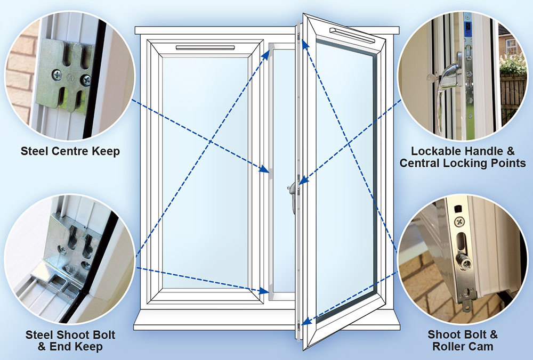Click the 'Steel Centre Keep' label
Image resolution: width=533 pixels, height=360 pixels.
coord(70,151)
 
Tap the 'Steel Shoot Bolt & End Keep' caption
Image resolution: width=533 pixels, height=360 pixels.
coord(70,341)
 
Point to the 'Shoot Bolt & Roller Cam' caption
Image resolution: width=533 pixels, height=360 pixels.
coord(463,341)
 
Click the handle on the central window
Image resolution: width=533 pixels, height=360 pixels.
coord(293,194)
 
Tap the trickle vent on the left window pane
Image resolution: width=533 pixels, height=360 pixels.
coord(205,48)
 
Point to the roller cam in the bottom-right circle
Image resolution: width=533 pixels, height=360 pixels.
coord(464,261)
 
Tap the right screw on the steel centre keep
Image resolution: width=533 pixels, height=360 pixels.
coord(85,80)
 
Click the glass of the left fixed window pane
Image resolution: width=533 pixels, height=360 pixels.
coord(205,170)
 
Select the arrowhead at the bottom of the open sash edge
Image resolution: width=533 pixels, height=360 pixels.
coord(304,322)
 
